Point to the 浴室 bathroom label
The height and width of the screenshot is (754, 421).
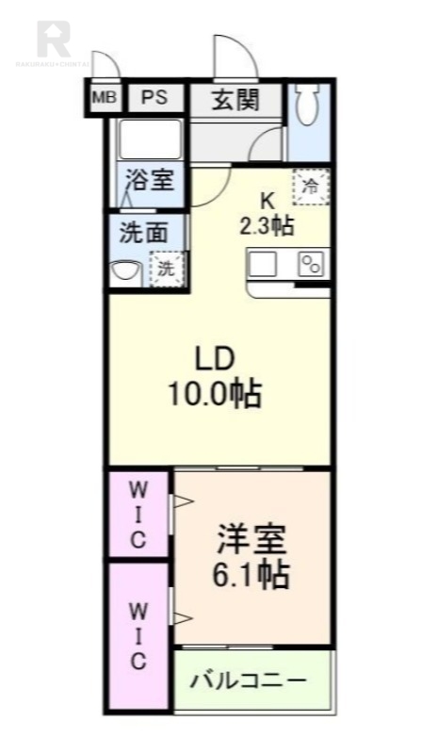[x=151, y=179]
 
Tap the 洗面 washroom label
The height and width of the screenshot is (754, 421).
[x=144, y=232]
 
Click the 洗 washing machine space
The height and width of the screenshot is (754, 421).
[x=167, y=268]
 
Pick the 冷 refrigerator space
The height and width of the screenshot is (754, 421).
[x=310, y=184]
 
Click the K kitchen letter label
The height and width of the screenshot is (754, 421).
[x=267, y=200]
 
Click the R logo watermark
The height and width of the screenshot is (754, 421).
[x=53, y=38]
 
